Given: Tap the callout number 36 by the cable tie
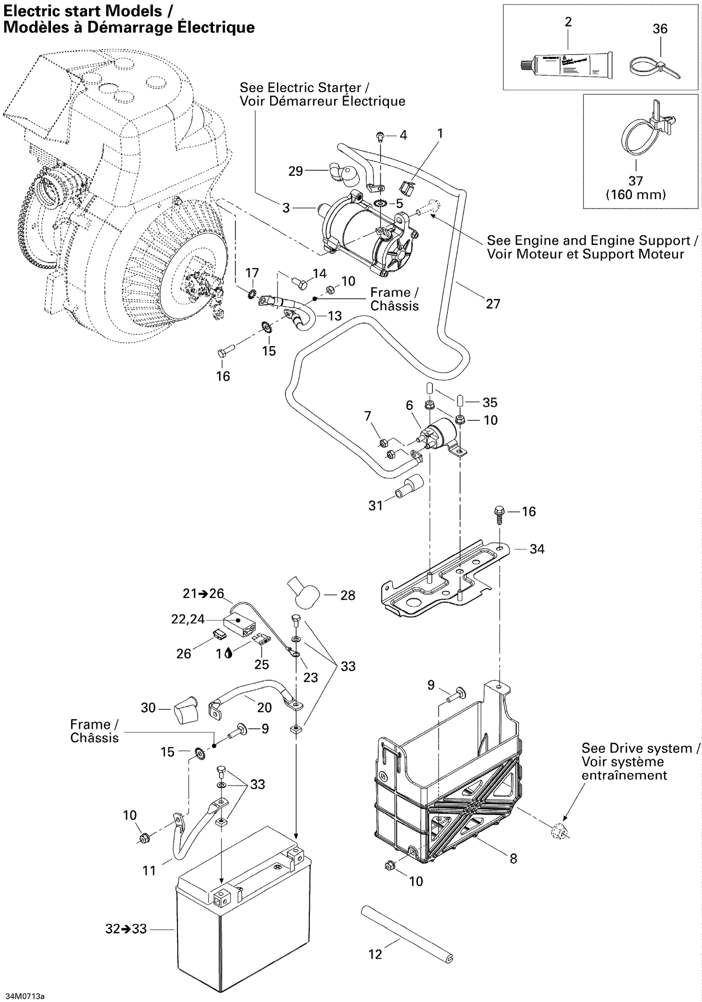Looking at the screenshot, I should tap(660, 29).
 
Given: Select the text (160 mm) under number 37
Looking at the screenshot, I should tap(636, 195).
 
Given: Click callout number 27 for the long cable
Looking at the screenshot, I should tap(493, 304).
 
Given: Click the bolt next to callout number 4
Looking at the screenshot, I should tap(380, 137).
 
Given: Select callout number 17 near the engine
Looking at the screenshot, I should tap(252, 273).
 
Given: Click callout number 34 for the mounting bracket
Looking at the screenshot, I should tap(537, 549).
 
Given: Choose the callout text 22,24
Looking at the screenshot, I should tap(188, 620).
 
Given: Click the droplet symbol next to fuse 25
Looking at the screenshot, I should tap(228, 653).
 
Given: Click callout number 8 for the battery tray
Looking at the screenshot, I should tap(513, 858).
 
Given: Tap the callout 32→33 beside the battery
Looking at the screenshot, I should tap(126, 929).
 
